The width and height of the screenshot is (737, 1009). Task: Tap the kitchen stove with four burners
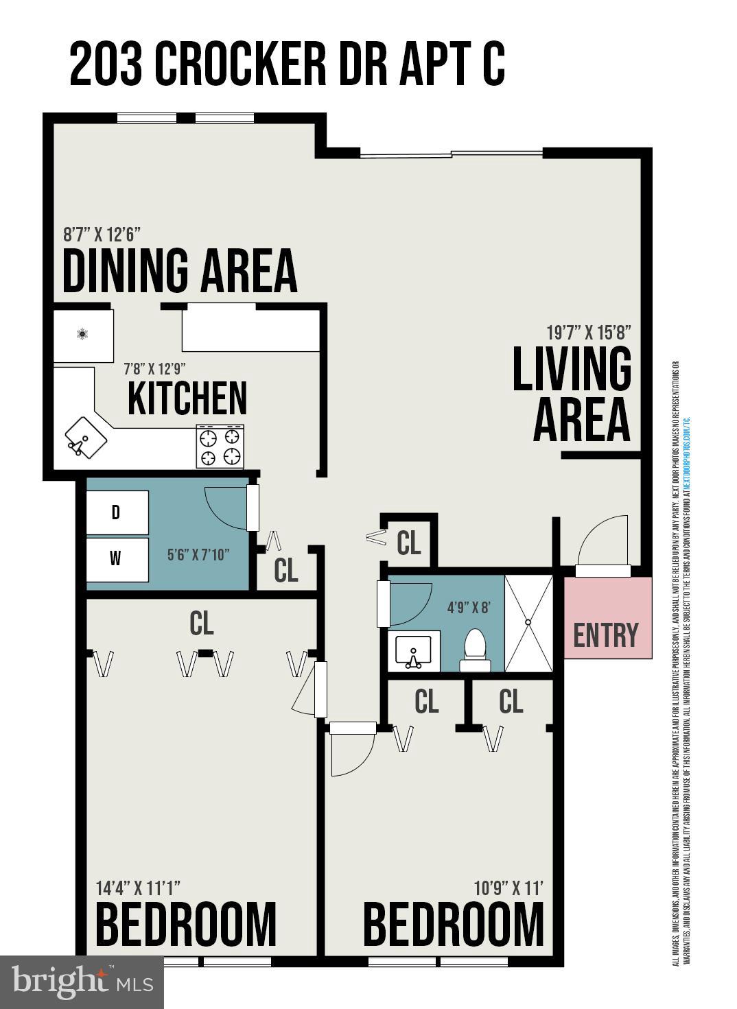point(220,447)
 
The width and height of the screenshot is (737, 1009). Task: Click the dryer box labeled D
point(117,512)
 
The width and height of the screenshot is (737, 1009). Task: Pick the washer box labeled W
point(117,559)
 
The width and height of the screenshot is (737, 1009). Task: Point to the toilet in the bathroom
point(475,650)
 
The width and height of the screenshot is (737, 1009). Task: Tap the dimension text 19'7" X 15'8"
point(588,333)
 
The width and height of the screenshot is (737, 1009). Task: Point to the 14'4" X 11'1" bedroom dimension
point(138,888)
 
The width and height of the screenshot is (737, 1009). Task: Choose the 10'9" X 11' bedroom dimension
point(508,888)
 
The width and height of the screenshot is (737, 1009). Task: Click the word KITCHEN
point(187,399)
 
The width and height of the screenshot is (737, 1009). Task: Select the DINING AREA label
point(180,271)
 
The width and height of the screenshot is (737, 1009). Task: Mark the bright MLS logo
point(82,982)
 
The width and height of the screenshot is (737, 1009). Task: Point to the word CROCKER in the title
point(240,64)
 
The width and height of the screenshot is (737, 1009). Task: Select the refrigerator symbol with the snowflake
point(83,335)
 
